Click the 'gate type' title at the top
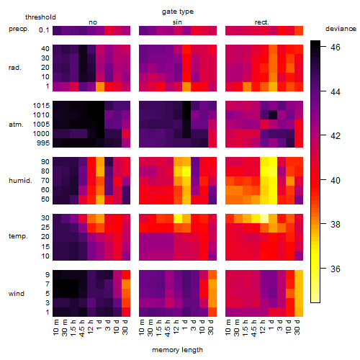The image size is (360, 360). (178, 12)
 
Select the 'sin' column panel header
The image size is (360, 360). (177, 22)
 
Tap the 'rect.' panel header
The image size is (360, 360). (262, 22)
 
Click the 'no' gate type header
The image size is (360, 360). (93, 22)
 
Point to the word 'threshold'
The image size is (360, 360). (40, 17)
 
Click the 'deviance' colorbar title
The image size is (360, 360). (341, 29)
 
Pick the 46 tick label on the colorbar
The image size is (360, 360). (336, 48)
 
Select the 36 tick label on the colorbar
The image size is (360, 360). (336, 269)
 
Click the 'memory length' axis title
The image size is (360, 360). (178, 350)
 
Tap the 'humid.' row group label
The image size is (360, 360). (20, 181)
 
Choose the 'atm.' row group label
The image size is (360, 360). (16, 125)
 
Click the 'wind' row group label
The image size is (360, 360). (17, 294)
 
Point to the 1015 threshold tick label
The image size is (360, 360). (41, 106)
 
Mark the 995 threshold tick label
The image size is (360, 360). (43, 143)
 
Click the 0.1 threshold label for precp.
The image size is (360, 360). (44, 30)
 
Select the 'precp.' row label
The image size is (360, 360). (19, 29)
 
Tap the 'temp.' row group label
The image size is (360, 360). (18, 236)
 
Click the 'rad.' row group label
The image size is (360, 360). (15, 68)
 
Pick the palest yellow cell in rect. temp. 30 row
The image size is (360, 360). (264, 218)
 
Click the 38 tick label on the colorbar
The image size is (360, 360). (336, 225)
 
